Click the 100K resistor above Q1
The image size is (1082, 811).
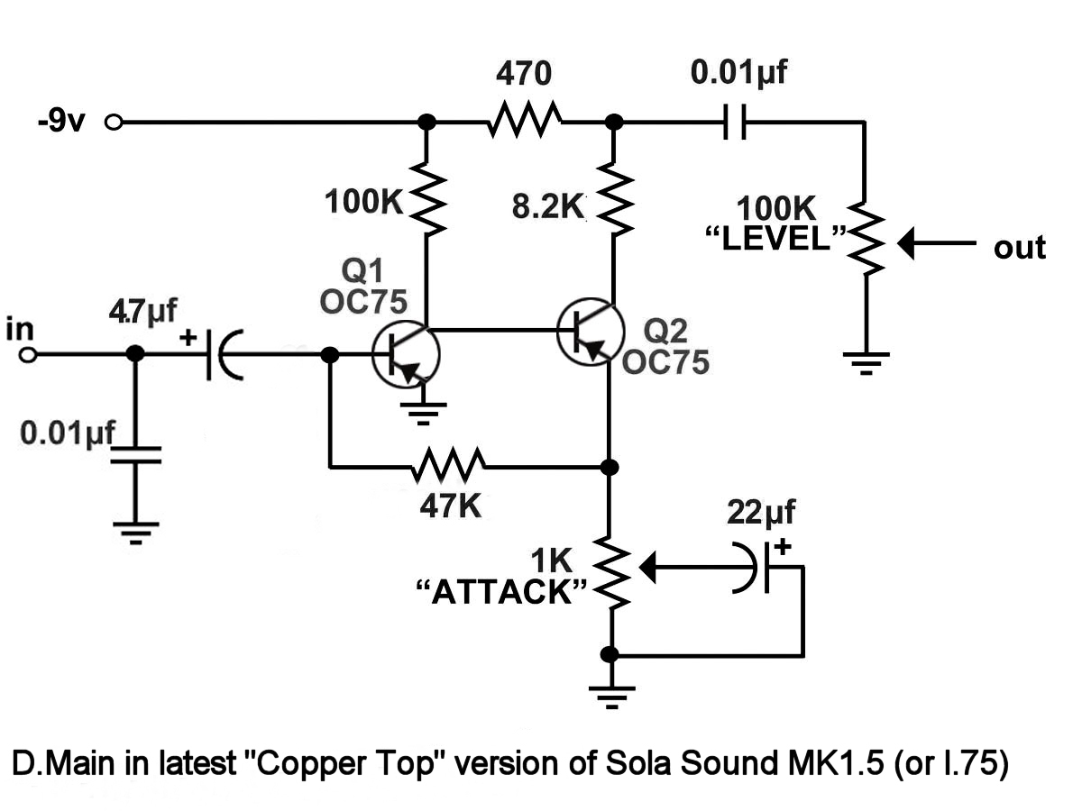click(426, 198)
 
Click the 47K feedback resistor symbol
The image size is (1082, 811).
click(448, 467)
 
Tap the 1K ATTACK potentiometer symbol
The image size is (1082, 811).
click(612, 574)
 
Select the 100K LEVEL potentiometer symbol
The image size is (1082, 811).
click(865, 239)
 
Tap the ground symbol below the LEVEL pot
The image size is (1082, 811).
click(865, 362)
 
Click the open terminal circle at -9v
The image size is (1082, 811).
click(114, 123)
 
